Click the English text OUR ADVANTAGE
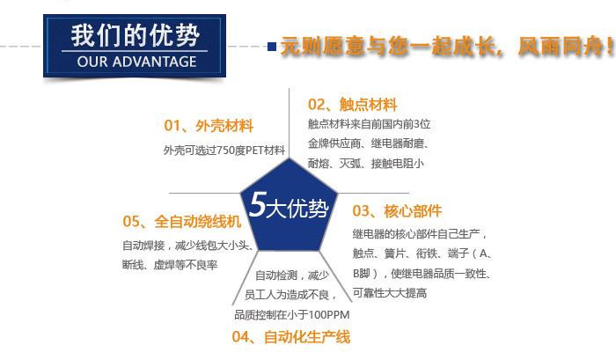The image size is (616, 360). [136, 62]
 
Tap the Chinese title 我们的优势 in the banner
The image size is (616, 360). [136, 36]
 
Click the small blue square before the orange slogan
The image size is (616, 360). [272, 47]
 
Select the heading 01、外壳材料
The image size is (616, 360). [209, 126]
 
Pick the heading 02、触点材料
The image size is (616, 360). [352, 105]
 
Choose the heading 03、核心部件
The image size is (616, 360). [397, 211]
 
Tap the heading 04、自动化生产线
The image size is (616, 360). [290, 337]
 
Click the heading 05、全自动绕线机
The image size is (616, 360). [181, 221]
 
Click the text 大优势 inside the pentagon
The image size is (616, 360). [297, 208]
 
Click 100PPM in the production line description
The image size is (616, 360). [329, 315]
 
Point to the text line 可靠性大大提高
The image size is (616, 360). [390, 293]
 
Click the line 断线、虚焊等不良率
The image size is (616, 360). [170, 265]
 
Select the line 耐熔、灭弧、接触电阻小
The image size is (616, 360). [366, 164]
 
